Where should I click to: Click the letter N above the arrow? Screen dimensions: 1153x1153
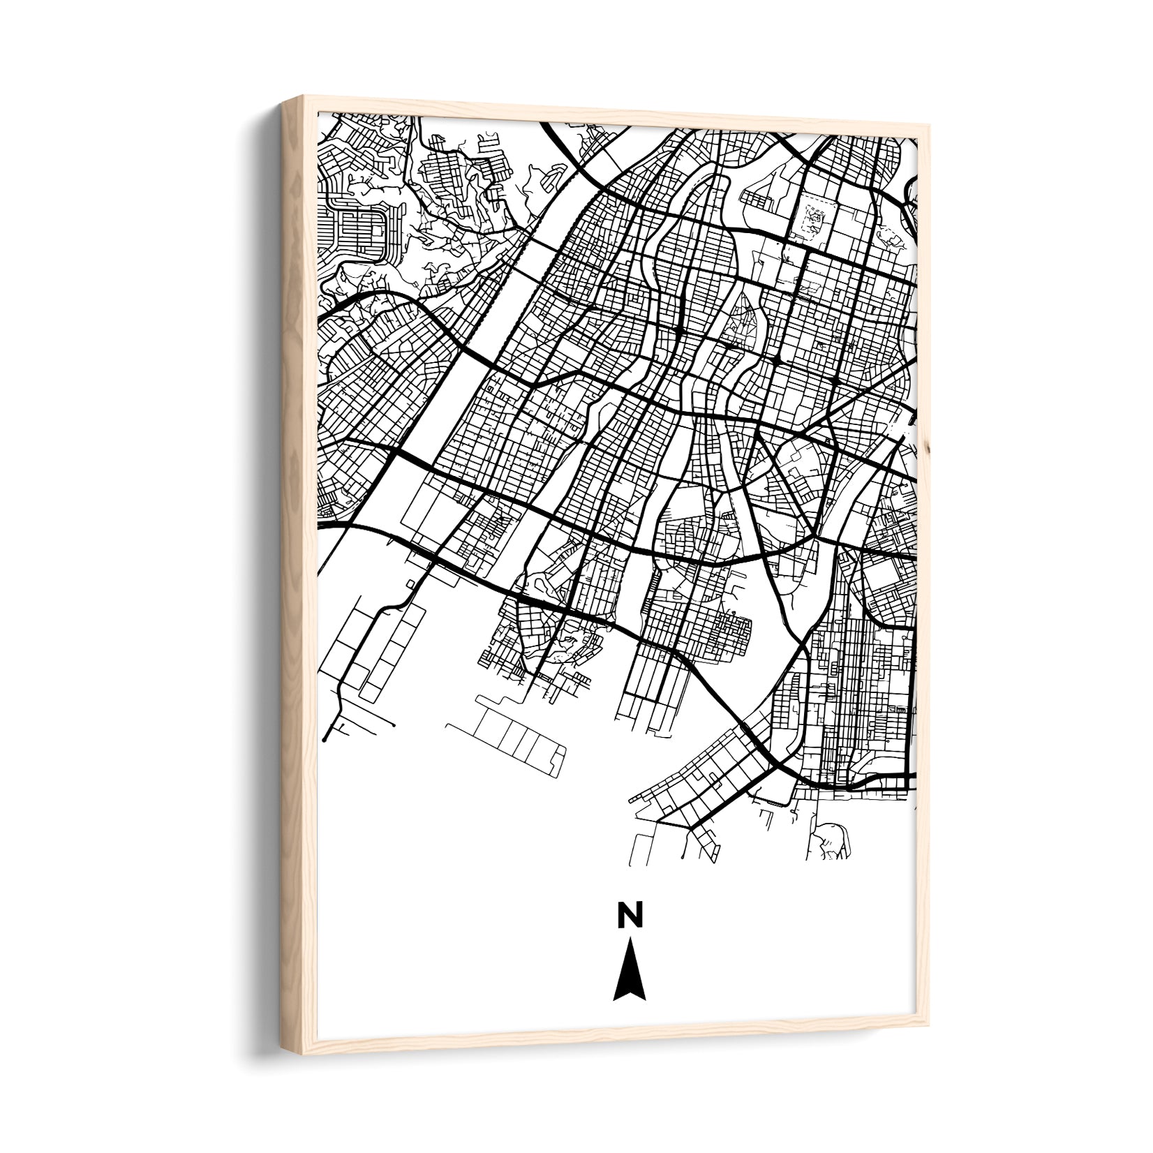coord(629,914)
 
